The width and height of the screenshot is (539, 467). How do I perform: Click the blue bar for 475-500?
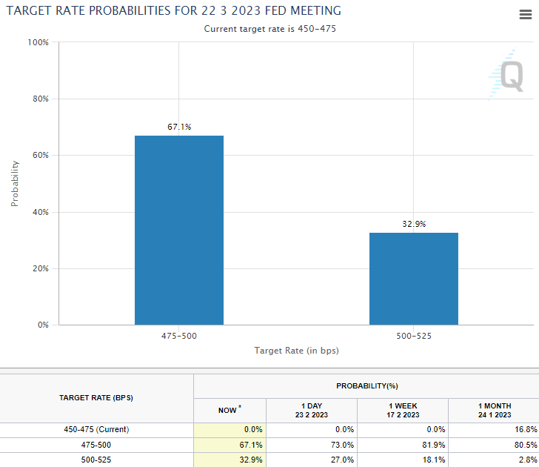pyautogui.click(x=179, y=230)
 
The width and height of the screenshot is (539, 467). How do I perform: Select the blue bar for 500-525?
pyautogui.click(x=414, y=278)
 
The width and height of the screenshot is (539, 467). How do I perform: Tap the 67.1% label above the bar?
pyautogui.click(x=179, y=127)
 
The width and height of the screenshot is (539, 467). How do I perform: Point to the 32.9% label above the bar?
pyautogui.click(x=414, y=224)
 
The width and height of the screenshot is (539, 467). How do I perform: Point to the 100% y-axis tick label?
pyautogui.click(x=38, y=42)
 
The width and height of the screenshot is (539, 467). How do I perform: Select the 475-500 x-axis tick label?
pyautogui.click(x=179, y=336)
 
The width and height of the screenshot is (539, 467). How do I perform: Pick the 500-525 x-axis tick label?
pyautogui.click(x=414, y=336)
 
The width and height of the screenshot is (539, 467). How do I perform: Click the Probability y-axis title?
pyautogui.click(x=15, y=183)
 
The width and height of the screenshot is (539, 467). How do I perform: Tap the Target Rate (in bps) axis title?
pyautogui.click(x=296, y=350)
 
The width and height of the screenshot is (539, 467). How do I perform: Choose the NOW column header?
pyautogui.click(x=229, y=410)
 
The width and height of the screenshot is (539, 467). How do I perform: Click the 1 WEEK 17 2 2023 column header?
pyautogui.click(x=402, y=410)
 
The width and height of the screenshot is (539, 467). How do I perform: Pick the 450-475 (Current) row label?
pyautogui.click(x=96, y=429)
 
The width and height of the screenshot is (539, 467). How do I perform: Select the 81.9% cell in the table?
pyautogui.click(x=422, y=445)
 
